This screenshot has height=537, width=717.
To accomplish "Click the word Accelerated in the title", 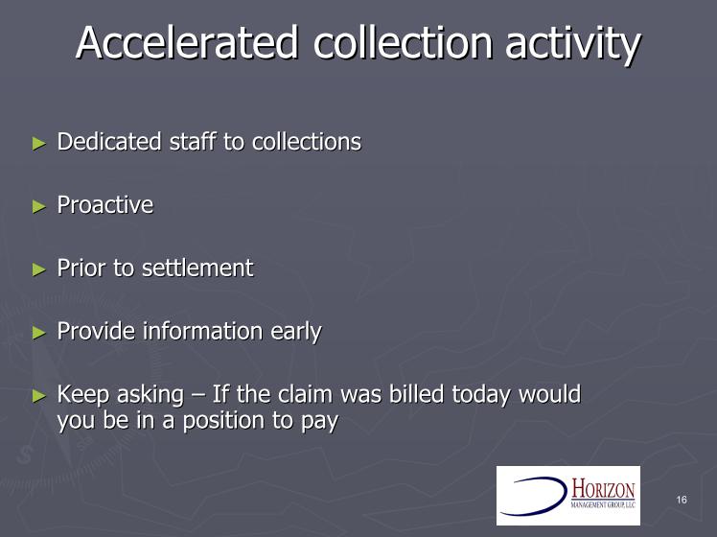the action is tap(188, 42).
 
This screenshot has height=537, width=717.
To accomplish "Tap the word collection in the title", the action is tap(404, 42).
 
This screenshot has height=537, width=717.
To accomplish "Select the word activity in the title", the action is tap(573, 45).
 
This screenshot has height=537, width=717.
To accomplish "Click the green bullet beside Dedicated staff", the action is tap(39, 143).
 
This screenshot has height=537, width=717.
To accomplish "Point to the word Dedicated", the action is tap(109, 141).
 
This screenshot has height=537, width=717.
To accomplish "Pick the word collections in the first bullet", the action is tap(307, 141).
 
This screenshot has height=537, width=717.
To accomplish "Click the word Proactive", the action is tap(105, 204).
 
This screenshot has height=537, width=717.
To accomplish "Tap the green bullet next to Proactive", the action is tap(39, 206).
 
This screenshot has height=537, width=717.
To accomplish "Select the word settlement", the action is tap(197, 268).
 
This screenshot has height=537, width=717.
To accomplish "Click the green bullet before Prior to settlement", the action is tap(39, 269).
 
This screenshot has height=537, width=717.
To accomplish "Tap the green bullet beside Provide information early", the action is tap(39, 333).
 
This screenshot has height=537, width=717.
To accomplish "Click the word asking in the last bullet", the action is tap(150, 396).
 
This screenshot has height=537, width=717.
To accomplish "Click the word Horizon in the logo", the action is tap(603, 489).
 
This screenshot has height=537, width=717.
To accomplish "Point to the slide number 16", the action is tap(682, 500).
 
